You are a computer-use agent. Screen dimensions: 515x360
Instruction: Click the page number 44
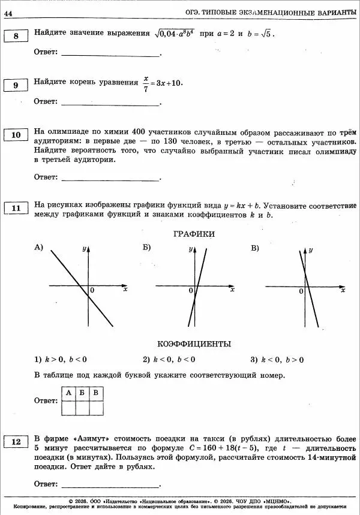[x=8, y=13]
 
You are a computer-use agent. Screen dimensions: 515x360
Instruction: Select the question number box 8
[x=16, y=37]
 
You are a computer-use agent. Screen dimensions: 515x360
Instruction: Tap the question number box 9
[x=16, y=86]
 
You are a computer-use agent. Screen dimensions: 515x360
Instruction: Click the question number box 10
[x=16, y=135]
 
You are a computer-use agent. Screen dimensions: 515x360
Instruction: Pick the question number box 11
[x=16, y=208]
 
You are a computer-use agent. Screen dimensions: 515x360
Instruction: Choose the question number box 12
[x=16, y=442]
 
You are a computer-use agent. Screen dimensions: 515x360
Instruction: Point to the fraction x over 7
[x=146, y=82]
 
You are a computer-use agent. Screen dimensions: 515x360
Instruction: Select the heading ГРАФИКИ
[x=194, y=234]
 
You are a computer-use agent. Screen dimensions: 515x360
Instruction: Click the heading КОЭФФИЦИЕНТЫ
[x=194, y=344]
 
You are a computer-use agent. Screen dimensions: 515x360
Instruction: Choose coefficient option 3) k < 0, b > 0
[x=277, y=360]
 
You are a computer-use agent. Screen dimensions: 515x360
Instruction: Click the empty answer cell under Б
[x=82, y=408]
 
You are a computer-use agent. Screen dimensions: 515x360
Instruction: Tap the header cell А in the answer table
[x=68, y=393]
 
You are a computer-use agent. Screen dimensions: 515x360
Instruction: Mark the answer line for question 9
[x=111, y=102]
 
